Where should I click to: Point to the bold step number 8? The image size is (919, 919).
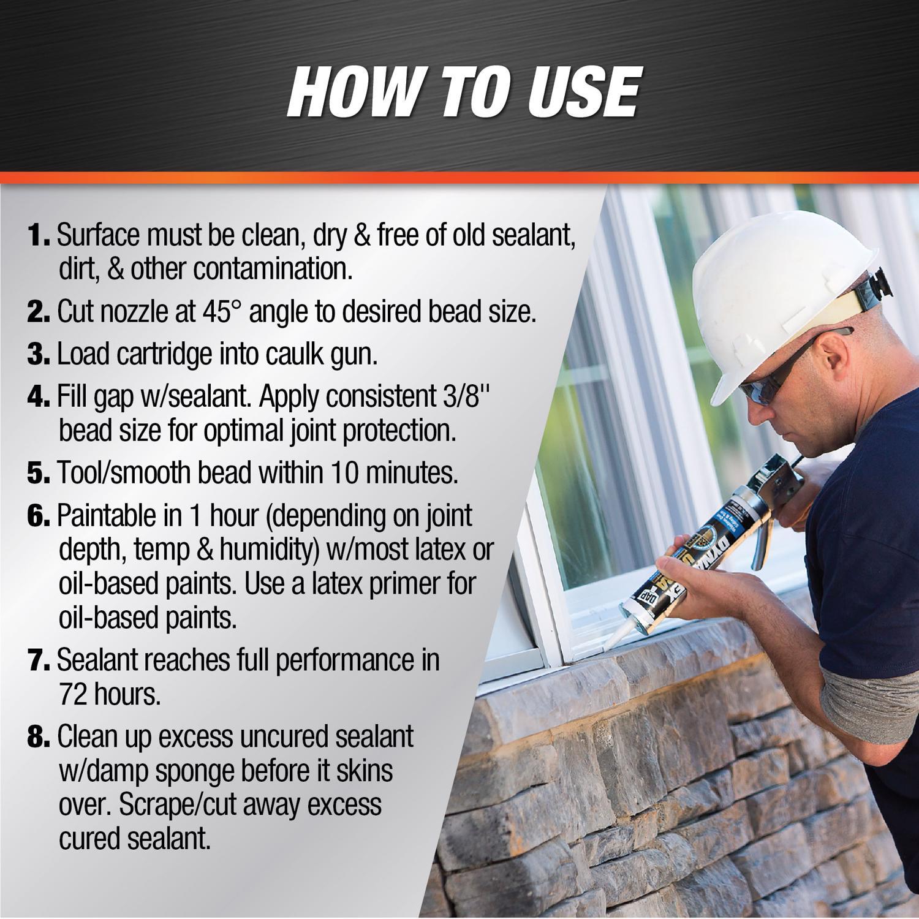tap(39, 737)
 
